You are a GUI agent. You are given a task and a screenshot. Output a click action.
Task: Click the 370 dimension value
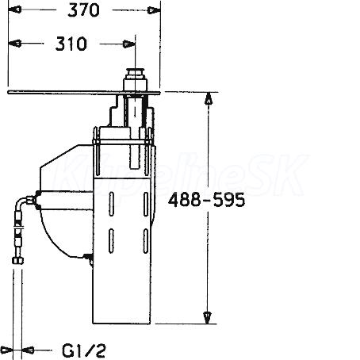click(x=83, y=10)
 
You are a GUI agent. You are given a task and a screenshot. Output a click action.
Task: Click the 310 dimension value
click(x=71, y=44)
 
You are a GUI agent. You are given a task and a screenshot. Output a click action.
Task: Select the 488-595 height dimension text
click(x=206, y=200)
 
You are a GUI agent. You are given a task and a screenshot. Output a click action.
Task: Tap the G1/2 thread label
click(x=84, y=350)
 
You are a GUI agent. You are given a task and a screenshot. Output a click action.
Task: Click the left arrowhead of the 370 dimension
click(x=15, y=10)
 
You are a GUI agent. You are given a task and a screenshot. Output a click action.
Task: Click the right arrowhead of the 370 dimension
click(x=154, y=10)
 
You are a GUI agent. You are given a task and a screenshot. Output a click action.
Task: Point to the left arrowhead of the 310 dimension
click(x=15, y=44)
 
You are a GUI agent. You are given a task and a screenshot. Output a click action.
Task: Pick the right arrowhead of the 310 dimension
click(x=129, y=44)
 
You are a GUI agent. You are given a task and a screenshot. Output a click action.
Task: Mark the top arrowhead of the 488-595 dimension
click(x=209, y=98)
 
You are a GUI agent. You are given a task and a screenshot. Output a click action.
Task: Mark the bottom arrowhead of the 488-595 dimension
click(x=208, y=317)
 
